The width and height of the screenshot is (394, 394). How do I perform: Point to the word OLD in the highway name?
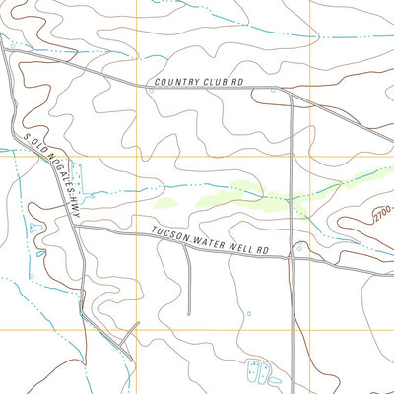point(35,146)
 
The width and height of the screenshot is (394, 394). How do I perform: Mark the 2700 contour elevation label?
point(382,212)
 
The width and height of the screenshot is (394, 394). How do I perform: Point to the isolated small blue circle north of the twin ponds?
point(248,315)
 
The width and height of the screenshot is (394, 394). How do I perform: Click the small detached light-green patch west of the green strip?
point(164,202)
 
